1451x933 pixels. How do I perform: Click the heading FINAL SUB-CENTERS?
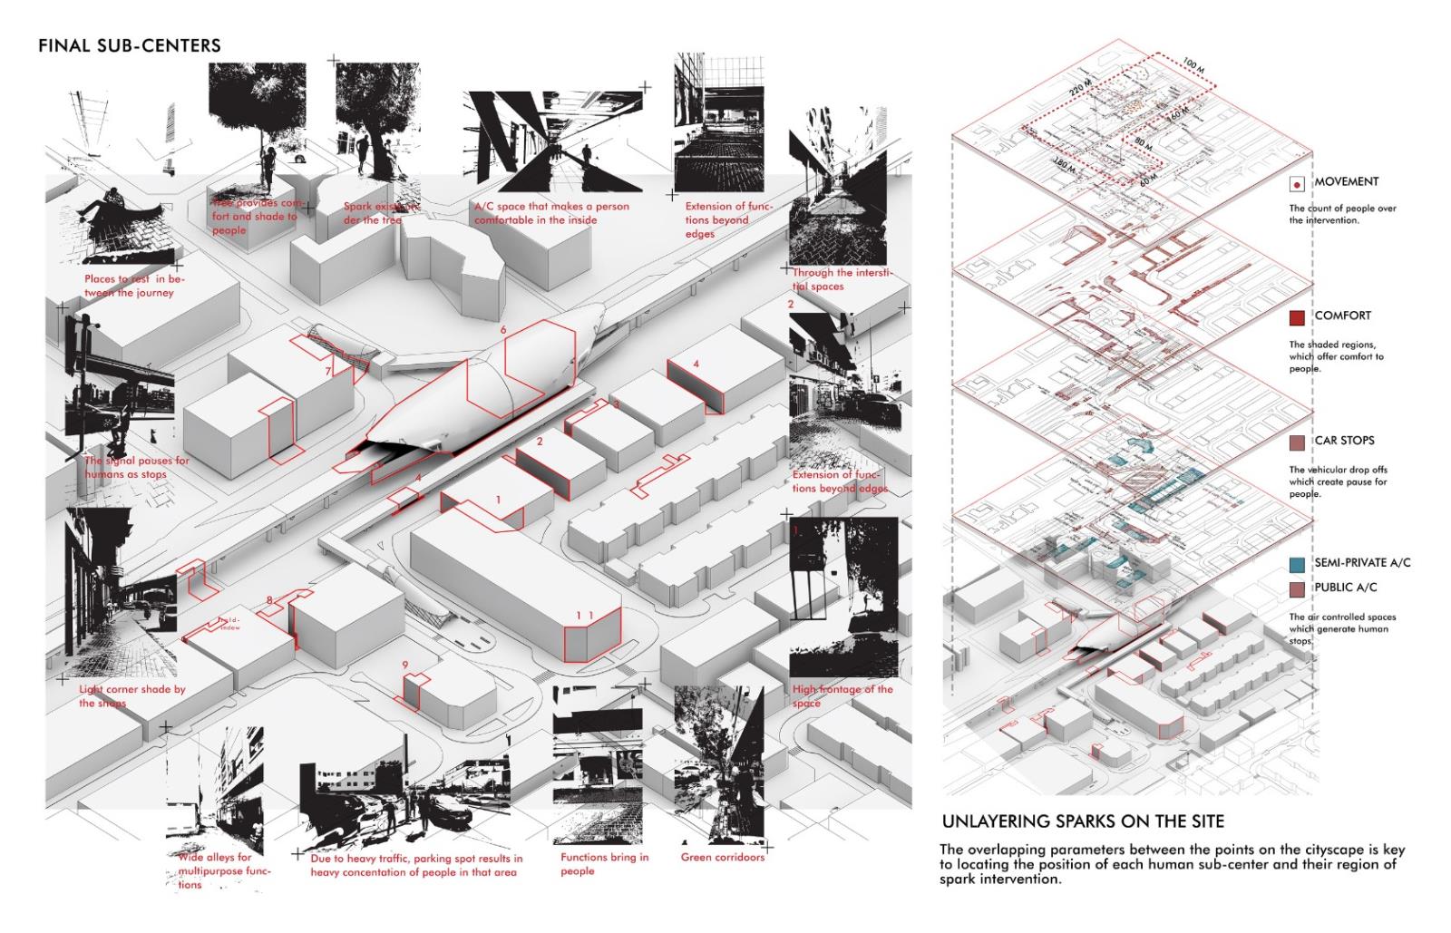129,45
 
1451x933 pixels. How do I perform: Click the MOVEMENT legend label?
1346,182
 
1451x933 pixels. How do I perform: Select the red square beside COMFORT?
1297,317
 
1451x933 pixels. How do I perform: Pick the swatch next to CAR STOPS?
1297,442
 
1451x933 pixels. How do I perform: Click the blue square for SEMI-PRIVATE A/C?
1297,564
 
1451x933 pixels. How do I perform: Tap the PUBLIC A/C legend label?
1351,588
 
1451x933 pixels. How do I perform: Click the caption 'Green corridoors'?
723,857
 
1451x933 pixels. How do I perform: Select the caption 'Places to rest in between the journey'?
132,286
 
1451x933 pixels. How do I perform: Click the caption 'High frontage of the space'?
842,695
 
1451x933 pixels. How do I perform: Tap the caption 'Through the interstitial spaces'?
842,279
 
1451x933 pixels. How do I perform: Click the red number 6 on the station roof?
503,331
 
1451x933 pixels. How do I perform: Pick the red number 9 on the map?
405,666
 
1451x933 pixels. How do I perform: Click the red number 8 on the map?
269,600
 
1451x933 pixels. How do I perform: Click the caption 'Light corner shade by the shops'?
131,695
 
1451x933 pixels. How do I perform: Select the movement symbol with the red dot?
1297,184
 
